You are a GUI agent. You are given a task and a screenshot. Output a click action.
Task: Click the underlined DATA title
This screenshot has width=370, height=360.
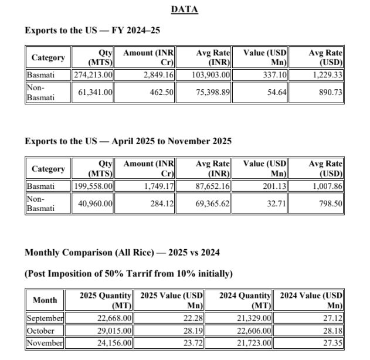click(184, 9)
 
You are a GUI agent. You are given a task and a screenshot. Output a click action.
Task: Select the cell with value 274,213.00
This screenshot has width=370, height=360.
click(93, 75)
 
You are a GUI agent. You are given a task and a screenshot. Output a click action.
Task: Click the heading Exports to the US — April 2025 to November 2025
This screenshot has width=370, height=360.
click(128, 141)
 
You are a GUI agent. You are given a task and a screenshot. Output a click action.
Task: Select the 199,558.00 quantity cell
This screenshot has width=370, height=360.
click(93, 186)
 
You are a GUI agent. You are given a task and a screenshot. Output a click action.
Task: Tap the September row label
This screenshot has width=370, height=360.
click(45, 318)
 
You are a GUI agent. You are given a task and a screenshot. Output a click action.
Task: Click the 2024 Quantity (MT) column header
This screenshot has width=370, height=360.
click(245, 300)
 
